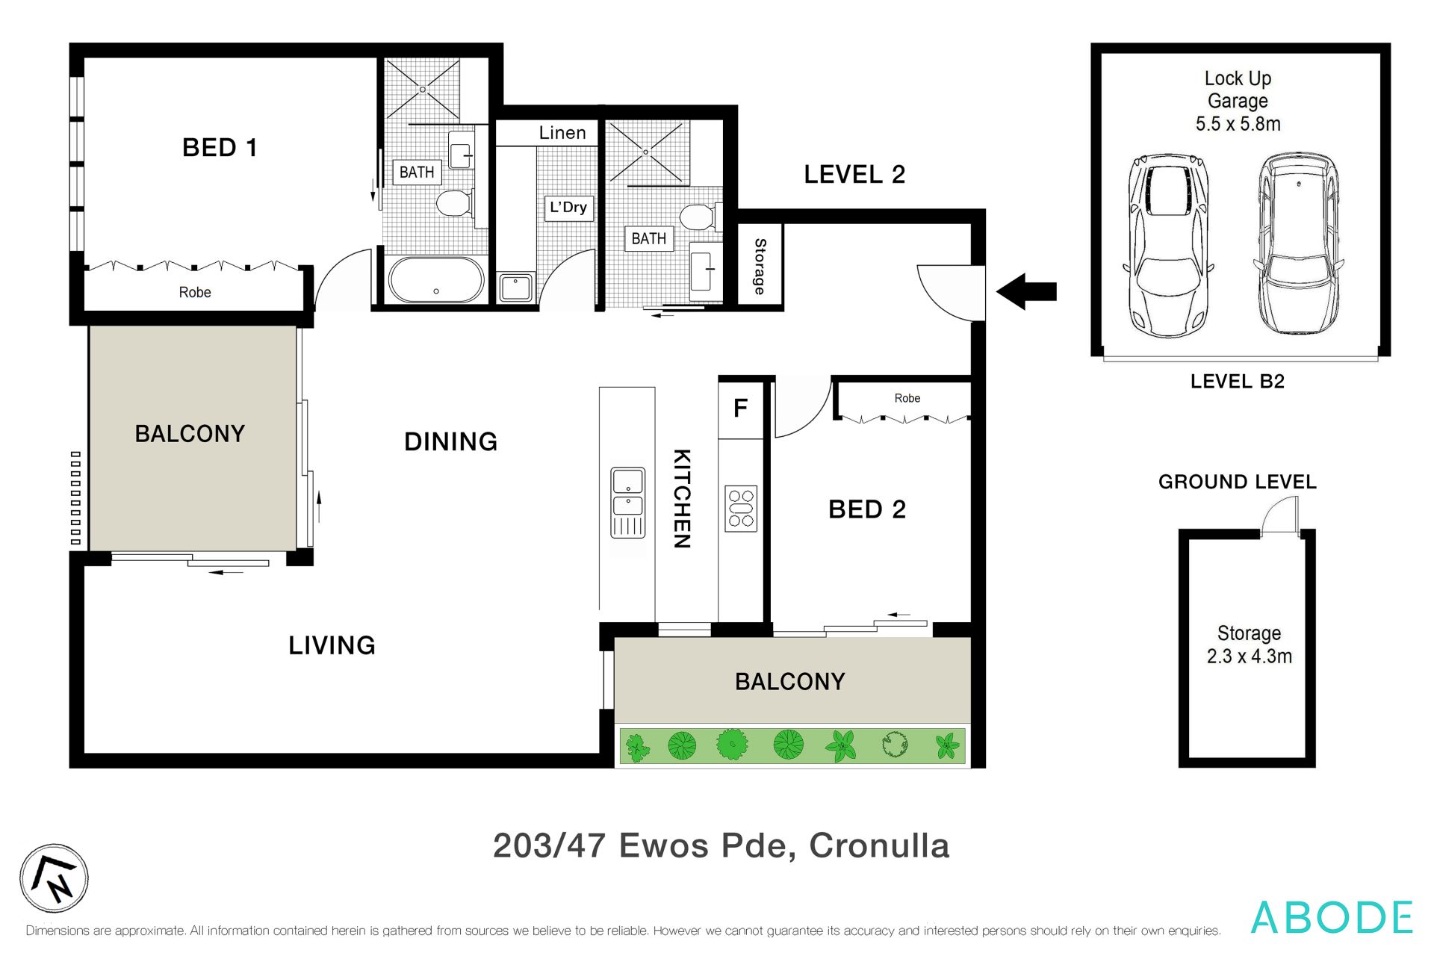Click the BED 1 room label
coord(220,148)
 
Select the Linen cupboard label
coord(562,133)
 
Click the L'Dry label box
coord(568,207)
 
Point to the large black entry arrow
coord(1026,291)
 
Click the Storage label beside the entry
coord(760,266)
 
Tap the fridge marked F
coord(740,409)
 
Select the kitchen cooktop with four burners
coord(741,509)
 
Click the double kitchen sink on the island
coord(628,503)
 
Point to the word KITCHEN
coord(682,499)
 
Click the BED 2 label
coord(867,509)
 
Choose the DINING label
coord(451,441)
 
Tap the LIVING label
coord(332,645)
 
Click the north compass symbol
coord(54,878)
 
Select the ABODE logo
coord(1332,917)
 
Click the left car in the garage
coord(1167,245)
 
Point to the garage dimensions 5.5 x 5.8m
coord(1238,124)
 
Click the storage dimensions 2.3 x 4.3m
coord(1250,657)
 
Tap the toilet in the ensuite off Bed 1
coord(453,202)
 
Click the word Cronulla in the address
coord(879,845)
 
